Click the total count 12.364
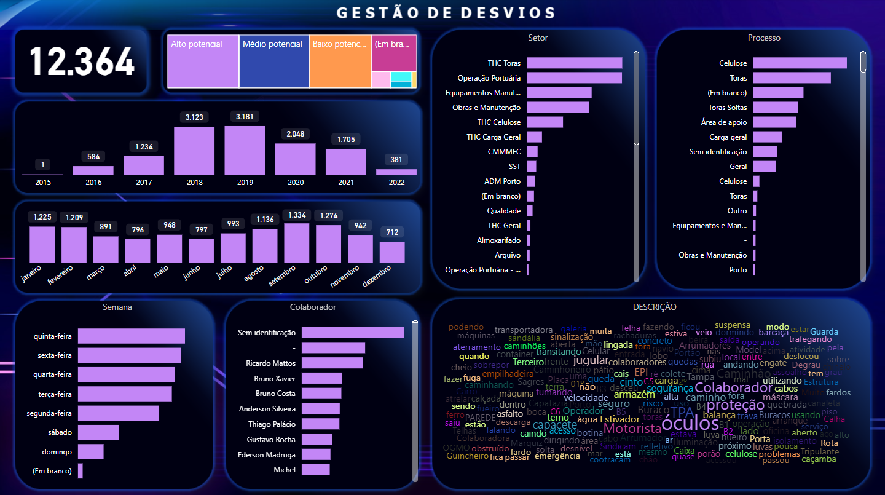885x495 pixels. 82,61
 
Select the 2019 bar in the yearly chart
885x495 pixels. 245,151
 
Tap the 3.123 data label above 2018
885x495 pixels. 194,117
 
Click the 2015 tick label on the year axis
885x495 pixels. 43,183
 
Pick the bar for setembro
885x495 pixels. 296,243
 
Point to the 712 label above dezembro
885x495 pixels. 391,232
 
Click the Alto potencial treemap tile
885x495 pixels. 203,61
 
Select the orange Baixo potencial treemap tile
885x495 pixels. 340,61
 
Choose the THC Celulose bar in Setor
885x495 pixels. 545,122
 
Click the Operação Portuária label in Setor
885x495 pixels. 489,78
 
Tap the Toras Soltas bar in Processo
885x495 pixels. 775,108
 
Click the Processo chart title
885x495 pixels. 764,38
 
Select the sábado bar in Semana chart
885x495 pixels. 98,432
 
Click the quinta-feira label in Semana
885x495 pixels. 53,336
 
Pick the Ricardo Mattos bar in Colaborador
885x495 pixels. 332,363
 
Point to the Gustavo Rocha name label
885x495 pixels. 271,440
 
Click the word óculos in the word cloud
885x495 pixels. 690,424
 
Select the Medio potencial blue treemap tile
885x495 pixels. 273,61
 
